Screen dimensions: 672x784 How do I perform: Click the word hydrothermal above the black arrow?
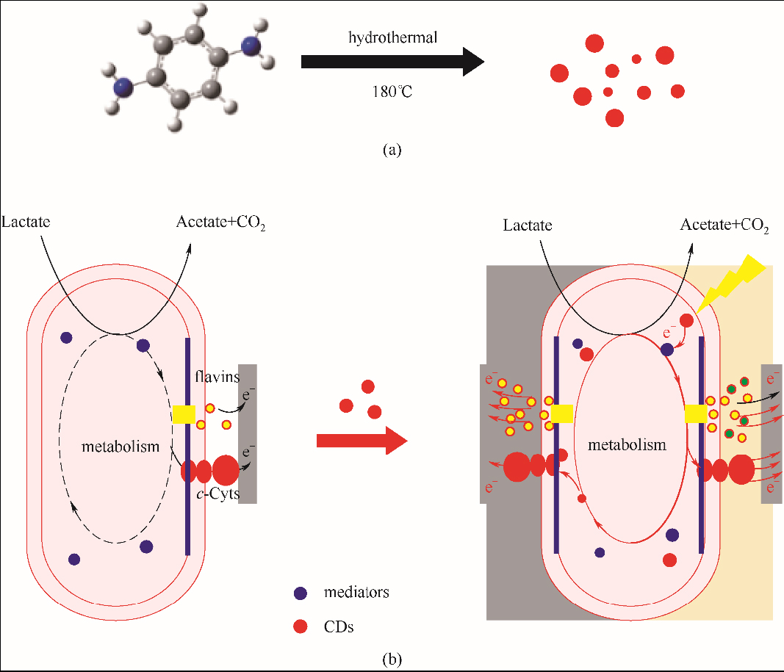coord(393,37)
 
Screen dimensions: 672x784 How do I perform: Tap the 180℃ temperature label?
coord(392,93)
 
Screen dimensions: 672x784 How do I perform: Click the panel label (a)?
coord(392,150)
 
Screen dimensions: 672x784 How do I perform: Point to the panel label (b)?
coord(392,659)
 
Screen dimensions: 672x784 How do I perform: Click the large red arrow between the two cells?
coord(361,440)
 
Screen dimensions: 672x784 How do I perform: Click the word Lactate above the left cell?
coord(26,221)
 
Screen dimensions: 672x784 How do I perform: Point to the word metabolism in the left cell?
coord(121,446)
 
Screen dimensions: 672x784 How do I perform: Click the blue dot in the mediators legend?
coord(300,593)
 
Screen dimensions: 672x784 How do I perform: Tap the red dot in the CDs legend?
coord(300,626)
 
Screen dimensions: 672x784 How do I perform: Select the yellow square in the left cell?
coord(184,415)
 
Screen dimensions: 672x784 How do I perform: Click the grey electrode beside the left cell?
coord(248,433)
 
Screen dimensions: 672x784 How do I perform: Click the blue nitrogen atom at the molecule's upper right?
coord(253,48)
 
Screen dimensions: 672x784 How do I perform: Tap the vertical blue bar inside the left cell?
coord(188,446)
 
